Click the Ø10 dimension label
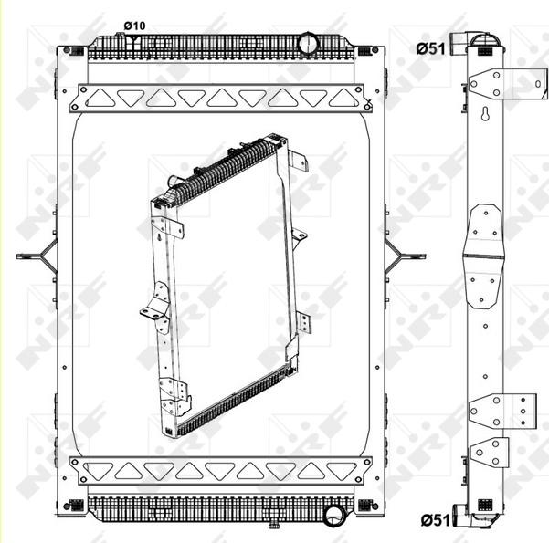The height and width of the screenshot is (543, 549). [134, 26]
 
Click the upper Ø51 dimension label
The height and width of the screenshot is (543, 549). [430, 47]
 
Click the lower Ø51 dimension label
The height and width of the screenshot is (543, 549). [434, 519]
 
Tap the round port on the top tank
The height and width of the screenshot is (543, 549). [308, 41]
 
